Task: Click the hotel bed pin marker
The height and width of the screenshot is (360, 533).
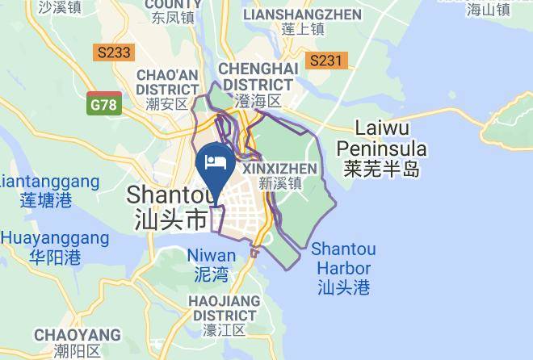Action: (216, 162)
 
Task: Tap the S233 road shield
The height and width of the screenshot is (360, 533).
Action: (113, 52)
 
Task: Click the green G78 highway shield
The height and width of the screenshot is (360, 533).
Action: (105, 104)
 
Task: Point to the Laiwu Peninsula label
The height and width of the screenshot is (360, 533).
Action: (381, 138)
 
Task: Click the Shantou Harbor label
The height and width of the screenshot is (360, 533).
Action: (343, 258)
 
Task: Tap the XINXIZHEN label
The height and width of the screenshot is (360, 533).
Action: (279, 168)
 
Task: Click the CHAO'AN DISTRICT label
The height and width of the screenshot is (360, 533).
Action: (167, 82)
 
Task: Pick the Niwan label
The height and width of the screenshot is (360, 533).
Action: (212, 256)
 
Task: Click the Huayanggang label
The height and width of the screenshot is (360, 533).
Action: (54, 238)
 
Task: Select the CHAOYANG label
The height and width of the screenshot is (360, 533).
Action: (77, 335)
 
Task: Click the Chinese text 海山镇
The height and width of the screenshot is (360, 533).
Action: (489, 9)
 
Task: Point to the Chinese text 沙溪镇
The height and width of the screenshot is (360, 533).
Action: (60, 8)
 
